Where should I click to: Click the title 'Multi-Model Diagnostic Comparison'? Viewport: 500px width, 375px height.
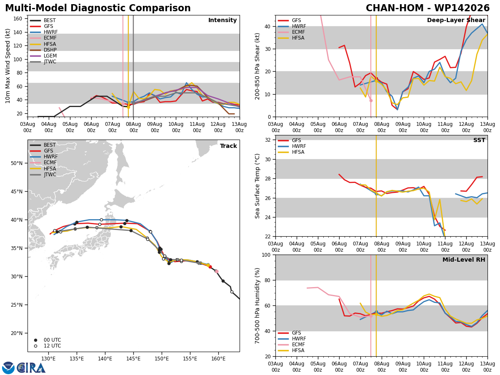click(98, 8)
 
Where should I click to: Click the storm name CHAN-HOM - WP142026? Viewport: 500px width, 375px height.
click(427, 8)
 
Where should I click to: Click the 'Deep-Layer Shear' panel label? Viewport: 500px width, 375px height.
click(456, 20)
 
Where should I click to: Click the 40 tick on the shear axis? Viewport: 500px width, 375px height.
click(267, 26)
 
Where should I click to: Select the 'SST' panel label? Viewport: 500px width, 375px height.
click(479, 140)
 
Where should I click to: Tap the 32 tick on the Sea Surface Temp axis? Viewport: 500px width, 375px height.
click(267, 140)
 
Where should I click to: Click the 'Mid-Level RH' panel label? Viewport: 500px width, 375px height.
click(464, 260)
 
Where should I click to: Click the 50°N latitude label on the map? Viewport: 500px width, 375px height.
click(17, 163)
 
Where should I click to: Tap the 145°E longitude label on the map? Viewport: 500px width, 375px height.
click(133, 359)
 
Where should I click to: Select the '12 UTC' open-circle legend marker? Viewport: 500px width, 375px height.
click(35, 346)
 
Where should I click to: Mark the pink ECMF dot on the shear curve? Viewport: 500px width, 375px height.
click(371, 101)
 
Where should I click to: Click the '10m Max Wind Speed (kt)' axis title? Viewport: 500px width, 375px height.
click(8, 66)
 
